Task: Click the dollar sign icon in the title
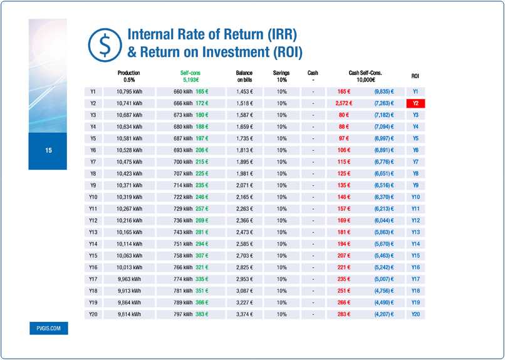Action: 103,42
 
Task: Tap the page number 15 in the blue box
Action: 48,150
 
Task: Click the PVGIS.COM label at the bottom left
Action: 48,328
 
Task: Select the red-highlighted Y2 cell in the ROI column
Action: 415,103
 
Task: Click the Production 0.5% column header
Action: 129,76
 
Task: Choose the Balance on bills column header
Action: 244,76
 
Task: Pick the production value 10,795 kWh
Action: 130,91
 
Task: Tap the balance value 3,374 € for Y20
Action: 244,314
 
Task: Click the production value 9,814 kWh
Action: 130,314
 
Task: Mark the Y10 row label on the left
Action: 93,197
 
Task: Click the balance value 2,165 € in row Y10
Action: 244,197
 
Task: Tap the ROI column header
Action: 415,76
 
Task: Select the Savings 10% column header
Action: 281,76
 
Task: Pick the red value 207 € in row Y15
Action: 344,256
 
